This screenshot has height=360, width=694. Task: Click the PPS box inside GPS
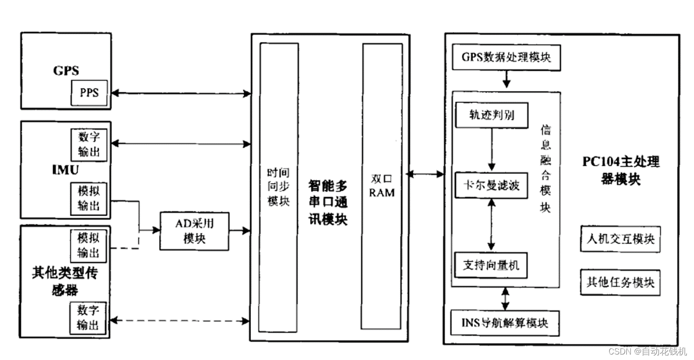pos(90,93)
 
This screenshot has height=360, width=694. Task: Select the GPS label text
pos(66,70)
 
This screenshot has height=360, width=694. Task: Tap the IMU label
pos(65,170)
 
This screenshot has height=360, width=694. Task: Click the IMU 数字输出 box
pos(89,144)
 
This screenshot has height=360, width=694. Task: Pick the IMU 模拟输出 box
pos(89,198)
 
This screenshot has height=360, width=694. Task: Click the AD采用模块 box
pos(194,231)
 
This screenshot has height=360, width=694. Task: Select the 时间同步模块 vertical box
pos(278,187)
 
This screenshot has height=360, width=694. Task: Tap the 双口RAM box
pos(382,186)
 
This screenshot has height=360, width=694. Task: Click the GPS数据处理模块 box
pos(506,57)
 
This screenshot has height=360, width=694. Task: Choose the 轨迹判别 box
pos(491,115)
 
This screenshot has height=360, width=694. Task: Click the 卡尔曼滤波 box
pos(491,185)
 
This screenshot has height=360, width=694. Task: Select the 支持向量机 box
pos(491,265)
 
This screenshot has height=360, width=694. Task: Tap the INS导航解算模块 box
pos(505,323)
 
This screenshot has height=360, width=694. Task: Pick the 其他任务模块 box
pos(620,282)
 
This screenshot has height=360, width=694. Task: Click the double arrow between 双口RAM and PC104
pos(425,174)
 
